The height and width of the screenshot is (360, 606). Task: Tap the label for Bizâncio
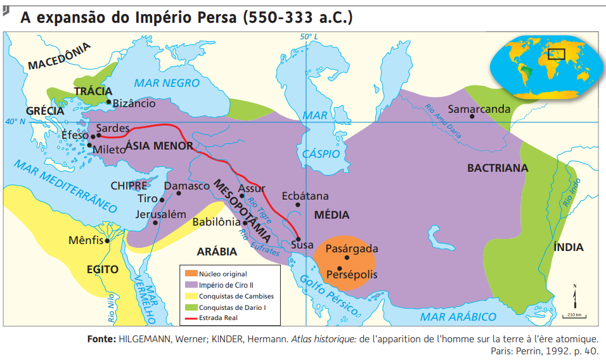133,103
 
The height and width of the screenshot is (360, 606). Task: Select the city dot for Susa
299,239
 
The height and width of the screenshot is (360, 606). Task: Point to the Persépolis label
352,275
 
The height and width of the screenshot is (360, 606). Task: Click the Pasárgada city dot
347,258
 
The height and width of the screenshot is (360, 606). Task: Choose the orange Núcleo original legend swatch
190,274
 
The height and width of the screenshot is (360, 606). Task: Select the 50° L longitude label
309,37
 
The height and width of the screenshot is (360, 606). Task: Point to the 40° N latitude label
14,122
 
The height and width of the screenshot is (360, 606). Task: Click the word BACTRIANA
497,168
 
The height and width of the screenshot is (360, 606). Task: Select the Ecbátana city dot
298,205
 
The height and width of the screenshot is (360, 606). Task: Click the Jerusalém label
161,214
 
